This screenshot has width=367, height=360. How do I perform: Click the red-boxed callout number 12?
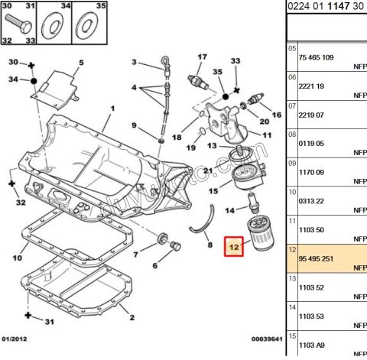click(x=234, y=247)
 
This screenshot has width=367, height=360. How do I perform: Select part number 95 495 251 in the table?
click(x=316, y=259)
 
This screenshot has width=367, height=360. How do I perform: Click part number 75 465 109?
click(x=316, y=57)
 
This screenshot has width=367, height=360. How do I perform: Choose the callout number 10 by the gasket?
click(x=17, y=258)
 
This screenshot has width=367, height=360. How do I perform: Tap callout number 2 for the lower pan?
click(x=132, y=317)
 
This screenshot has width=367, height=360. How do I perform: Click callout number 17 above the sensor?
click(x=203, y=57)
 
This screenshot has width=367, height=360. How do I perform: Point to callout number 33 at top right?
click(x=235, y=61)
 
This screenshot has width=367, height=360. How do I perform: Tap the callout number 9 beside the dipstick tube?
click(x=133, y=125)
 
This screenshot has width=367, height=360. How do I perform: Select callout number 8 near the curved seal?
click(x=209, y=246)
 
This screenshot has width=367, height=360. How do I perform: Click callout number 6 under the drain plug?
click(x=155, y=265)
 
